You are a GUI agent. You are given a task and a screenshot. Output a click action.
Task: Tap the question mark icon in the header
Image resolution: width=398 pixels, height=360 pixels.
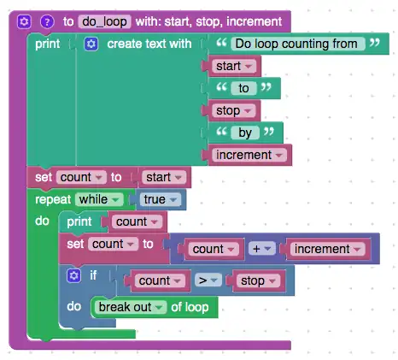click(47, 21)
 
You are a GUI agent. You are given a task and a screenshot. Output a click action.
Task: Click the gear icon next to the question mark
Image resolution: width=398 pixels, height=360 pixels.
click(25, 21)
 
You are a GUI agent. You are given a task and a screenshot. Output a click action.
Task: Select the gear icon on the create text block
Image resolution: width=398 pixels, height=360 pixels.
click(91, 44)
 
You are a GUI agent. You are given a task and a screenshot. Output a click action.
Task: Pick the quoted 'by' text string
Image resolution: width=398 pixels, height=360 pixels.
click(246, 133)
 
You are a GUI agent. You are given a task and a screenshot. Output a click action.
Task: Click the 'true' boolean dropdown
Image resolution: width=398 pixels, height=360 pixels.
click(161, 199)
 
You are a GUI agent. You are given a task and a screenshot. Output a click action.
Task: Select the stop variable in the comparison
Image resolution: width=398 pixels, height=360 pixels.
click(259, 280)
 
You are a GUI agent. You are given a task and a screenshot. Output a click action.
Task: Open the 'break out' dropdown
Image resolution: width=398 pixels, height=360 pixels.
click(131, 306)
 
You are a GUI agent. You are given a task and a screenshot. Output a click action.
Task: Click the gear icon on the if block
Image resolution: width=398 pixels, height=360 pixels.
click(74, 275)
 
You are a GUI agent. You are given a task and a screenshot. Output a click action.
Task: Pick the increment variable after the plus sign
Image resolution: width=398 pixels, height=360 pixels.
click(327, 249)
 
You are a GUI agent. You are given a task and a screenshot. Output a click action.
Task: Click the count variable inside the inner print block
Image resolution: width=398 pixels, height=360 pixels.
click(135, 221)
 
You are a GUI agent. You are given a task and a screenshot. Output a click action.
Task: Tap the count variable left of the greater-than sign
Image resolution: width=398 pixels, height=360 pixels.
click(159, 280)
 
